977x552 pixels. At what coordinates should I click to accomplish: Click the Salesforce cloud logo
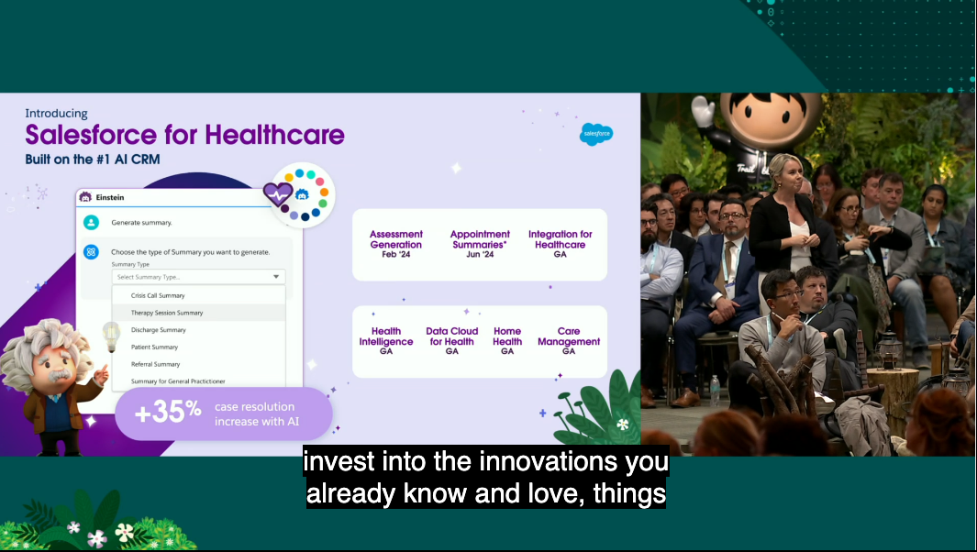(596, 134)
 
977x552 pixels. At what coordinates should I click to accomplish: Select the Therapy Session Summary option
(167, 313)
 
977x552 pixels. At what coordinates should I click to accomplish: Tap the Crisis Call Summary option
(158, 295)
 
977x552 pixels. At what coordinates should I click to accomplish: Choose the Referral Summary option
(155, 364)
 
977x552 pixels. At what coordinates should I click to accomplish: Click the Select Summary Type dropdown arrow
(276, 277)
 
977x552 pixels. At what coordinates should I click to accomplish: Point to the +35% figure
(168, 412)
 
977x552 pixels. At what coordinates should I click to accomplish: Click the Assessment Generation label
(395, 239)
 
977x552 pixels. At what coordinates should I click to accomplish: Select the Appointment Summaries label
(480, 239)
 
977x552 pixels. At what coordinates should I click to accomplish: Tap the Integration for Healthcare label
(561, 239)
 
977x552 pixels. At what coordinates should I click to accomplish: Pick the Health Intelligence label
(386, 337)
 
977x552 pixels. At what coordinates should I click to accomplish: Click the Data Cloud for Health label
(451, 337)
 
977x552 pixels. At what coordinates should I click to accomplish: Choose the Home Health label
(507, 337)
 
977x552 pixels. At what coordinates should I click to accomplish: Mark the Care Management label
(569, 337)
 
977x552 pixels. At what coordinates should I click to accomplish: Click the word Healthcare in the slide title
(275, 135)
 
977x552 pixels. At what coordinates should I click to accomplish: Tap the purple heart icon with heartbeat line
(278, 194)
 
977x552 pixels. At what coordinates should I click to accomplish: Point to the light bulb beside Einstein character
(111, 337)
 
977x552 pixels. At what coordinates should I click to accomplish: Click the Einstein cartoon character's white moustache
(60, 375)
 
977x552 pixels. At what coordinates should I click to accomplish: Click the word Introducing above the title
(56, 114)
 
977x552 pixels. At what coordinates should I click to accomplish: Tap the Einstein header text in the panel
(110, 197)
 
